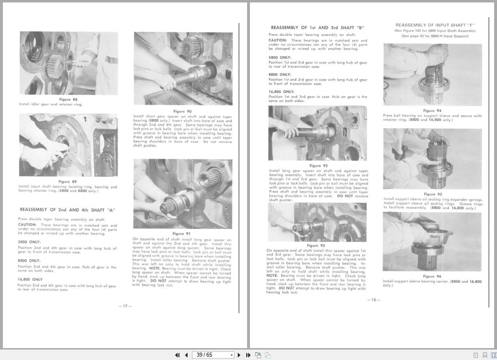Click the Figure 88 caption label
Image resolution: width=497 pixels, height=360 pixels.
pos(68,99)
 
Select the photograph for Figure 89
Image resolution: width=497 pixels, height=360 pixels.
pos(68,145)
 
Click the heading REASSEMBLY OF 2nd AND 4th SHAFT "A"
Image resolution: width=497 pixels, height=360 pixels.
pos(67,210)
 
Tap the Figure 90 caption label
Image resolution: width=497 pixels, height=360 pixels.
pos(182,111)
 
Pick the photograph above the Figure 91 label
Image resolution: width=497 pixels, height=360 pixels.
pos(183,194)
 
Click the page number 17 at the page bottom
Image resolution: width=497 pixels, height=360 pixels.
pos(125,306)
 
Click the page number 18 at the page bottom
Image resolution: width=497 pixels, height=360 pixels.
pos(373,300)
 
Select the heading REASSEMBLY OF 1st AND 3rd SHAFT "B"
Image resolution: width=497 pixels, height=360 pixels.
pos(317,28)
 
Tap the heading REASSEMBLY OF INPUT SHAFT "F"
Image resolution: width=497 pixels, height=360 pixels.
pos(435,25)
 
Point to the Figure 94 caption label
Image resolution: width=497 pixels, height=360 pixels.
pos(433,110)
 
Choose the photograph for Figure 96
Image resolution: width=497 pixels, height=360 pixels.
pos(432,242)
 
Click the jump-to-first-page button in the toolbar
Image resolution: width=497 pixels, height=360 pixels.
pos(177,355)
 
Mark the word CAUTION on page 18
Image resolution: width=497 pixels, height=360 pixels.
pos(277,40)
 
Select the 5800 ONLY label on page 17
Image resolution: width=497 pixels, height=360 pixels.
pos(29,242)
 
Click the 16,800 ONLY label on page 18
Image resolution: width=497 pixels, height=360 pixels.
pos(282,92)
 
